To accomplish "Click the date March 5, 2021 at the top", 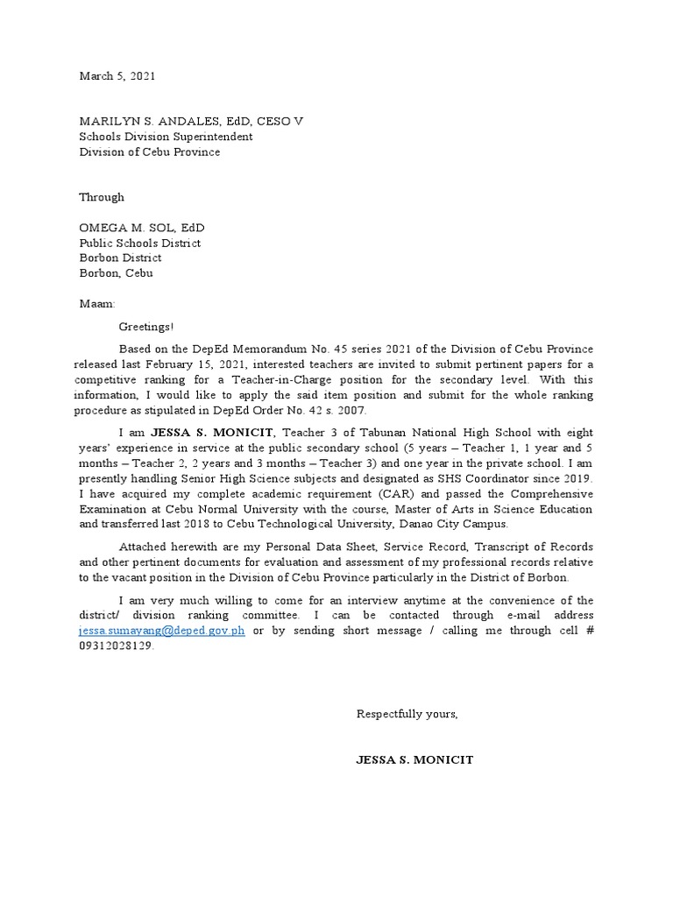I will click(x=117, y=76).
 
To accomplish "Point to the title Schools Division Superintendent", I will click(x=166, y=137).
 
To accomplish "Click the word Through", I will click(x=102, y=197).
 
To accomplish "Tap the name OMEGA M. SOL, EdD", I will click(x=142, y=228).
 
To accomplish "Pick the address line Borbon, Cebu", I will click(x=116, y=273).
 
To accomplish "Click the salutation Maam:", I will click(x=97, y=304).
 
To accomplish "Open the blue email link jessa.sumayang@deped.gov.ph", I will click(x=162, y=632).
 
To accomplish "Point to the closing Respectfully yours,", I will click(x=407, y=714).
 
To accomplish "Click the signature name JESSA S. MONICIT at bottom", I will click(x=414, y=759).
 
